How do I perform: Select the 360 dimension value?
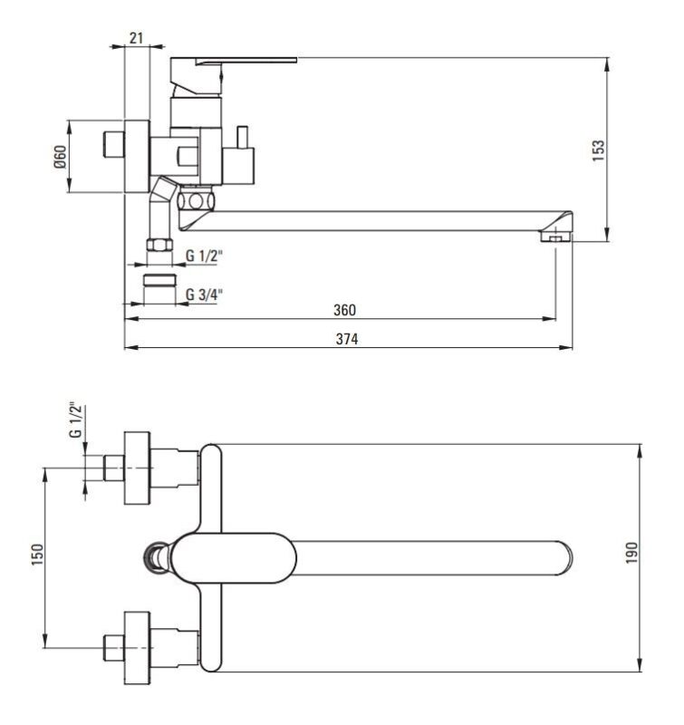344,310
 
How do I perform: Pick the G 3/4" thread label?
205,294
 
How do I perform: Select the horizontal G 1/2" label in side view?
205,256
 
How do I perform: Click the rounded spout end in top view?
564,555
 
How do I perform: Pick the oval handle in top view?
231,556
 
